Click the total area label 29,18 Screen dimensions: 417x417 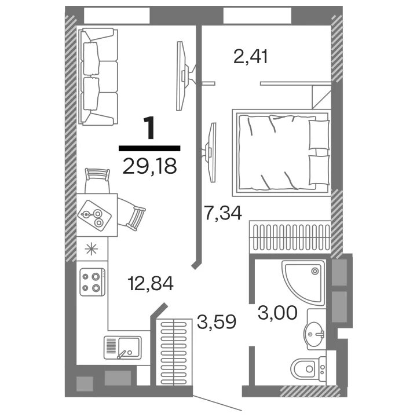(x=150, y=166)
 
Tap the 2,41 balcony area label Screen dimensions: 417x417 (x=251, y=57)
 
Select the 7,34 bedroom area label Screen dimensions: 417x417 (x=223, y=213)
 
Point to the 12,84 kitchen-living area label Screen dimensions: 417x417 (x=151, y=283)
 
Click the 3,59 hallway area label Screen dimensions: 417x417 (x=217, y=321)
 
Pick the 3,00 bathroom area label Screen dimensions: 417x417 (x=277, y=313)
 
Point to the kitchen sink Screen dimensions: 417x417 (x=122, y=348)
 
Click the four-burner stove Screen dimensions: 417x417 (x=92, y=282)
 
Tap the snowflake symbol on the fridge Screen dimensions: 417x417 (x=92, y=249)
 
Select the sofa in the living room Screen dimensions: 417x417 (x=98, y=76)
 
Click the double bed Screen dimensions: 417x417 (x=281, y=153)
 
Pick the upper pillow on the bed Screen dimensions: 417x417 (x=319, y=134)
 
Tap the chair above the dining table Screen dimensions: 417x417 (x=97, y=180)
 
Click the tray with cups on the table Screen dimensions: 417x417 (x=94, y=215)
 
